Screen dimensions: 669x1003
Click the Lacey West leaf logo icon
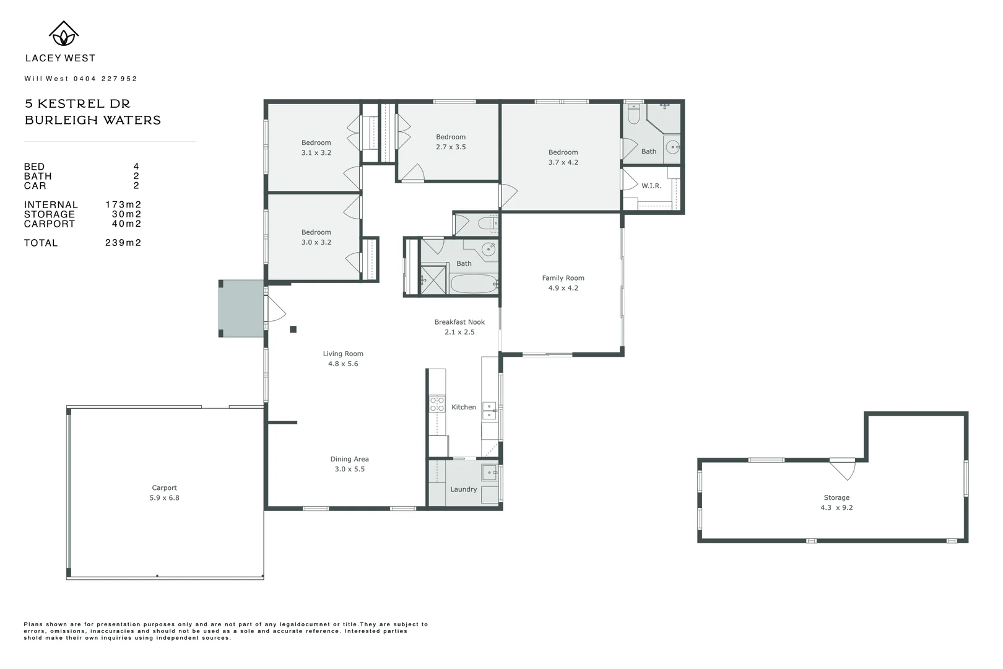click(63, 34)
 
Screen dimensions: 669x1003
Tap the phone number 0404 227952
click(105, 79)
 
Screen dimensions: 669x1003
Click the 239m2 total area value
click(123, 243)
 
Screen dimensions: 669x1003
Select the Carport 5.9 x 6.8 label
click(164, 493)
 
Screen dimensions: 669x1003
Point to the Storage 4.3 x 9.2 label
click(836, 502)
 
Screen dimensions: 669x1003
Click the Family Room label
click(563, 278)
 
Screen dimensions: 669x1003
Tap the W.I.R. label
click(651, 186)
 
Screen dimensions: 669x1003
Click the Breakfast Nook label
click(459, 322)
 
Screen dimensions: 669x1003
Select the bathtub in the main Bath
click(474, 284)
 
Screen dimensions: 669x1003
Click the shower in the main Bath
click(433, 280)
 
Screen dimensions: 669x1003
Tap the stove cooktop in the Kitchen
click(437, 404)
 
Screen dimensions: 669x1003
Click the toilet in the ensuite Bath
click(633, 115)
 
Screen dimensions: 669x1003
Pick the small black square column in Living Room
click(293, 330)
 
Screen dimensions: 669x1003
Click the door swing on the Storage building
click(843, 469)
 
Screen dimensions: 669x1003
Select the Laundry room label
click(464, 489)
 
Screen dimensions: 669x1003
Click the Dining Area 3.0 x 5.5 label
click(349, 464)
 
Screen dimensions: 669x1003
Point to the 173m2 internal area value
click(123, 205)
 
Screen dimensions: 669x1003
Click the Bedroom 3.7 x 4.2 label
click(563, 157)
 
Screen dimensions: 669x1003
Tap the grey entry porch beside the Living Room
click(242, 308)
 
